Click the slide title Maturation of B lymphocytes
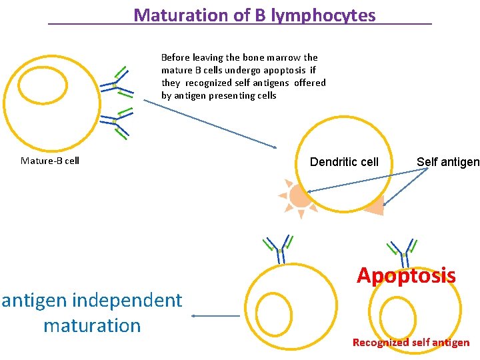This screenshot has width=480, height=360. pyautogui.click(x=255, y=15)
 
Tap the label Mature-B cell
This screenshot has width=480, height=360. pyautogui.click(x=50, y=161)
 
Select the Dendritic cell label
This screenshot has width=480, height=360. pyautogui.click(x=344, y=162)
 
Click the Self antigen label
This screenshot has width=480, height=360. pyautogui.click(x=447, y=162)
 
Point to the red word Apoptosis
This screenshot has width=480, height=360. pyautogui.click(x=406, y=275)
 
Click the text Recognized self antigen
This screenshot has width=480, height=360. pyautogui.click(x=411, y=343)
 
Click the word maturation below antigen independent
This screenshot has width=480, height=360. pyautogui.click(x=92, y=326)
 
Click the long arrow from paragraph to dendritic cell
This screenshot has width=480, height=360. pyautogui.click(x=210, y=124)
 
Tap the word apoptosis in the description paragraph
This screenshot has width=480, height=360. pyautogui.click(x=283, y=70)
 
